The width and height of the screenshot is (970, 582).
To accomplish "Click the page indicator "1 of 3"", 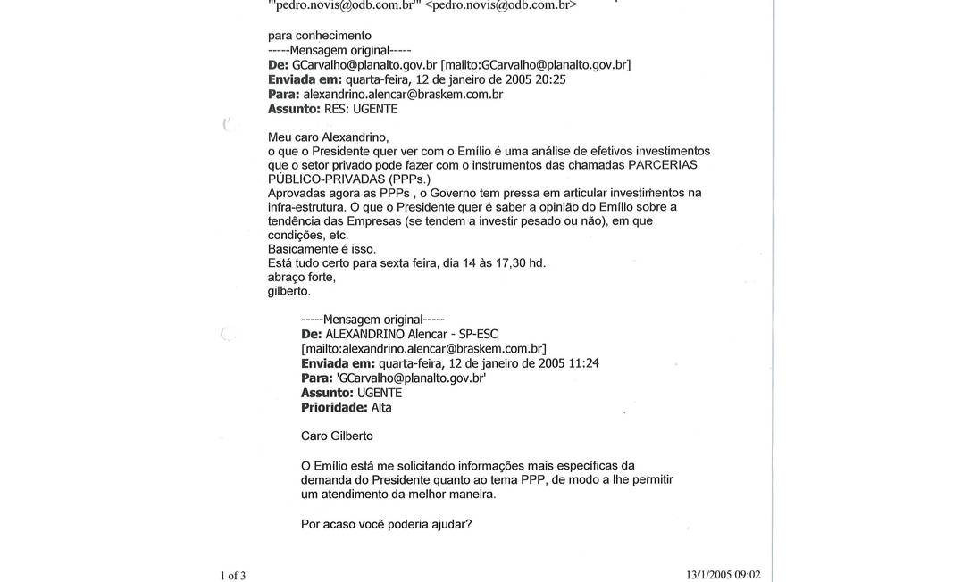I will click(233, 575).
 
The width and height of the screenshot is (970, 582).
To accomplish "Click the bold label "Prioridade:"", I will click(334, 407).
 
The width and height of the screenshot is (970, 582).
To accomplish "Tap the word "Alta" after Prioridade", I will click(381, 407).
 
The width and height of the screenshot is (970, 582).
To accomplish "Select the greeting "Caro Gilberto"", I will click(337, 436).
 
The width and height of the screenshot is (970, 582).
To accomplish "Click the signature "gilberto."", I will click(289, 291).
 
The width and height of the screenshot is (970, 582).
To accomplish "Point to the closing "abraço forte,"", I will click(302, 277).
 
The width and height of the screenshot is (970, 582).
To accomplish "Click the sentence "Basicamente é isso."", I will click(322, 248).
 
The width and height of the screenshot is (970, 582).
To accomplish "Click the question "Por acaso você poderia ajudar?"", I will click(387, 523).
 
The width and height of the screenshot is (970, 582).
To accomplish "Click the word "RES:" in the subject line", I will click(332, 109).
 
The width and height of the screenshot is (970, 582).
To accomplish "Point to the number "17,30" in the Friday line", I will click(506, 262).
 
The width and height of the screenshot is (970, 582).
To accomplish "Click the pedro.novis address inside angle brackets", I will click(501, 4).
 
